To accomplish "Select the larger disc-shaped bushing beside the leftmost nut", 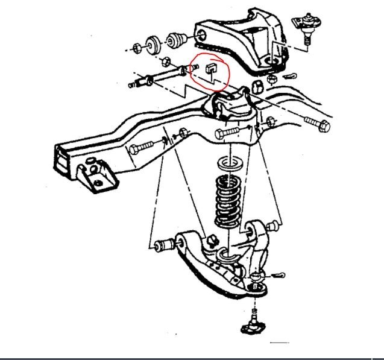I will coord(153,43).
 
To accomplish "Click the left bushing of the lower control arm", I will coord(163,245).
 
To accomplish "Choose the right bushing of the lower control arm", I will coord(252,230).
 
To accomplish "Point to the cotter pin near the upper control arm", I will coord(289,77).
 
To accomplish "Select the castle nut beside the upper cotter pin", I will coord(272,77).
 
